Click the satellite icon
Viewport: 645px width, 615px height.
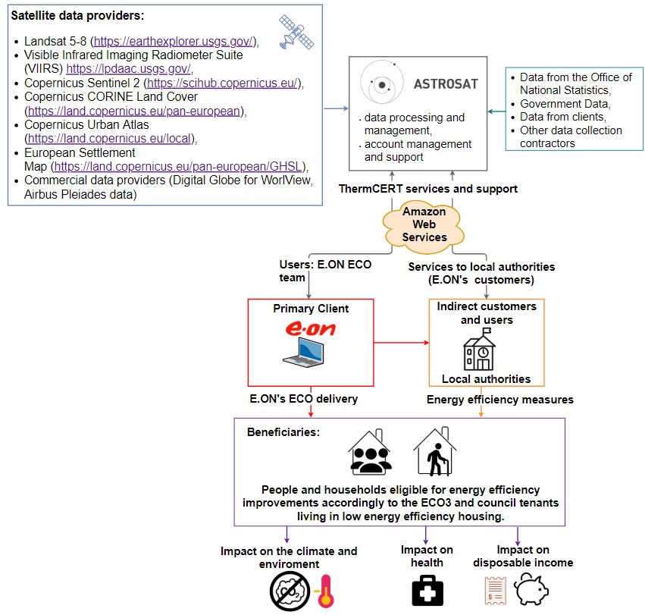pos(296,32)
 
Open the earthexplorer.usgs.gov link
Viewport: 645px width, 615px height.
pos(173,41)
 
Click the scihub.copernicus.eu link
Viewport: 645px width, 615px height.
pos(222,83)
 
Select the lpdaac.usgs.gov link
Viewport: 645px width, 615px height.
pos(128,69)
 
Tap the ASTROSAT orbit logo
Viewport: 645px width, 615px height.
pos(381,83)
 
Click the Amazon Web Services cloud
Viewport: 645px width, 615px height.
pos(424,224)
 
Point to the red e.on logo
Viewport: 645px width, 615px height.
pos(311,329)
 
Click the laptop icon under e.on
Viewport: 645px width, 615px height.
pos(304,352)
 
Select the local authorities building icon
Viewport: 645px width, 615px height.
pos(479,349)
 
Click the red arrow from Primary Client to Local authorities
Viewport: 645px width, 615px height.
pos(401,343)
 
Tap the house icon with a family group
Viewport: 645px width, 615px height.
pos(370,452)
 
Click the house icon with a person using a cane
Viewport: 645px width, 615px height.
pos(435,451)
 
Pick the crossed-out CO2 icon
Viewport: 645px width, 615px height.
pos(290,591)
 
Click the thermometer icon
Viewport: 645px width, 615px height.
pos(325,591)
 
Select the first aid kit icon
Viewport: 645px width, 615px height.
pos(427,590)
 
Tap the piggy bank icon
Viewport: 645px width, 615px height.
pos(531,590)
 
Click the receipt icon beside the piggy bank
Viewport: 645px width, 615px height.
pos(495,591)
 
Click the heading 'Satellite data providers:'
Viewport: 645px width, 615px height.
pos(78,16)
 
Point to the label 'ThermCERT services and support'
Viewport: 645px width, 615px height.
pos(427,189)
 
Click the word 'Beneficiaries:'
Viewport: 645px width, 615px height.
pos(283,432)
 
